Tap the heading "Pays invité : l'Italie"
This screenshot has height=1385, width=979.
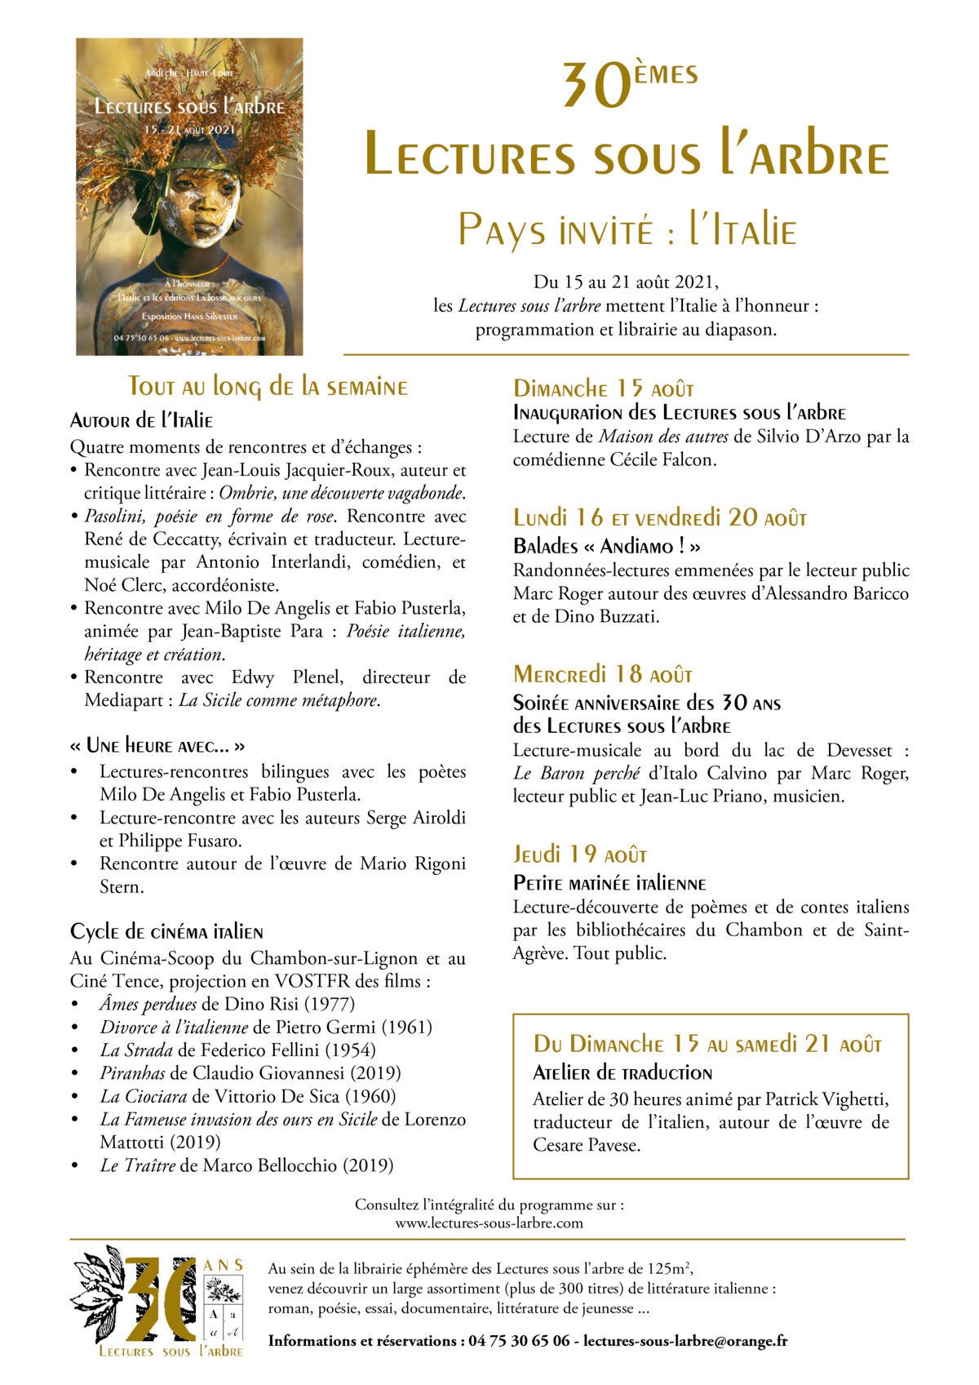click(627, 230)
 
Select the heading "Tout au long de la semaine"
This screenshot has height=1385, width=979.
click(268, 387)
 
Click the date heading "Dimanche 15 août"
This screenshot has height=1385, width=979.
click(603, 388)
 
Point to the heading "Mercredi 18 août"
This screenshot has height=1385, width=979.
click(602, 675)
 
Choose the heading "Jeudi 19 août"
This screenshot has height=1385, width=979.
click(579, 855)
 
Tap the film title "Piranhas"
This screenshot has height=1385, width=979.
click(132, 1073)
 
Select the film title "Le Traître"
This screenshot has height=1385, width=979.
click(137, 1165)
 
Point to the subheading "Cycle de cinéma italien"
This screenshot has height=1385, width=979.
click(166, 932)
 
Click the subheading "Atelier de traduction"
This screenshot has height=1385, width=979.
click(622, 1073)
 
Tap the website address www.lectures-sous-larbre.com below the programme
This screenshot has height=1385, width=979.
click(489, 1223)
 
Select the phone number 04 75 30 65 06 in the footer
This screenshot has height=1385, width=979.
click(519, 1341)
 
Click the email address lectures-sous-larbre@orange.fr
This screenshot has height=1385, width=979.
click(685, 1341)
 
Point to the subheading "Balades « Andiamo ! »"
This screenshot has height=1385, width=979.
click(606, 546)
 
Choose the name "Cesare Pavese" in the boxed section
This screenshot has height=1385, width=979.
click(586, 1145)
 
